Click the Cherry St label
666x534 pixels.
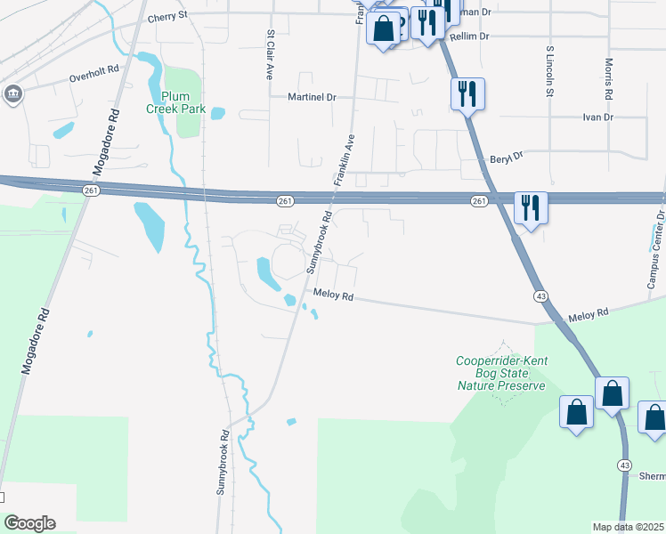click(x=167, y=16)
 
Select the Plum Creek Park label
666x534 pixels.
click(x=178, y=103)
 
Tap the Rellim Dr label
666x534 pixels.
click(x=470, y=36)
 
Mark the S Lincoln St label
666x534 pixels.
click(x=550, y=71)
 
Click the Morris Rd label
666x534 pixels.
click(x=608, y=78)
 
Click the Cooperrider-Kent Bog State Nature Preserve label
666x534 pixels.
click(x=501, y=373)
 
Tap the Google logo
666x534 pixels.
click(x=29, y=523)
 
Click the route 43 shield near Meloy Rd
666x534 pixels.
click(x=540, y=295)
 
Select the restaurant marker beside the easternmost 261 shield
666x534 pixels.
click(x=530, y=208)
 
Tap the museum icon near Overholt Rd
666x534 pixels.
click(x=12, y=94)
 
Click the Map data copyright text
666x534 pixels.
click(x=629, y=527)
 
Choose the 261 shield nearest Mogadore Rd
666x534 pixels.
click(x=92, y=190)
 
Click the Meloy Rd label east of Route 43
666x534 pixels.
click(x=589, y=313)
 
